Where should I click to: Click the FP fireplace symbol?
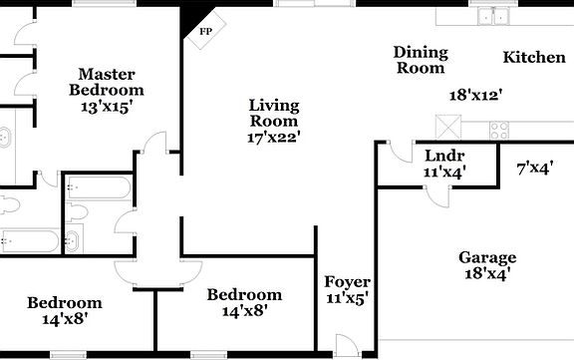[x=204, y=32]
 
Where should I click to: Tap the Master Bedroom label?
[x=108, y=82]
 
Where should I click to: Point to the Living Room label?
[x=274, y=113]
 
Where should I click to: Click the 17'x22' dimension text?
[x=274, y=137]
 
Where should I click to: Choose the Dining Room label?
[x=420, y=60]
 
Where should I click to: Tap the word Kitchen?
[x=533, y=57]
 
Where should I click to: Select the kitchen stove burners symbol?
[x=498, y=129]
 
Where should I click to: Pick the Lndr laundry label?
[x=444, y=156]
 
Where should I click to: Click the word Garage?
[x=487, y=257]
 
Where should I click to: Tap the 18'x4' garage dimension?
[x=487, y=273]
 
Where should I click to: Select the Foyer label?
[x=347, y=282]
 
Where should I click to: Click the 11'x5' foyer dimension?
[x=347, y=299]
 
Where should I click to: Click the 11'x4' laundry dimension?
[x=444, y=172]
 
